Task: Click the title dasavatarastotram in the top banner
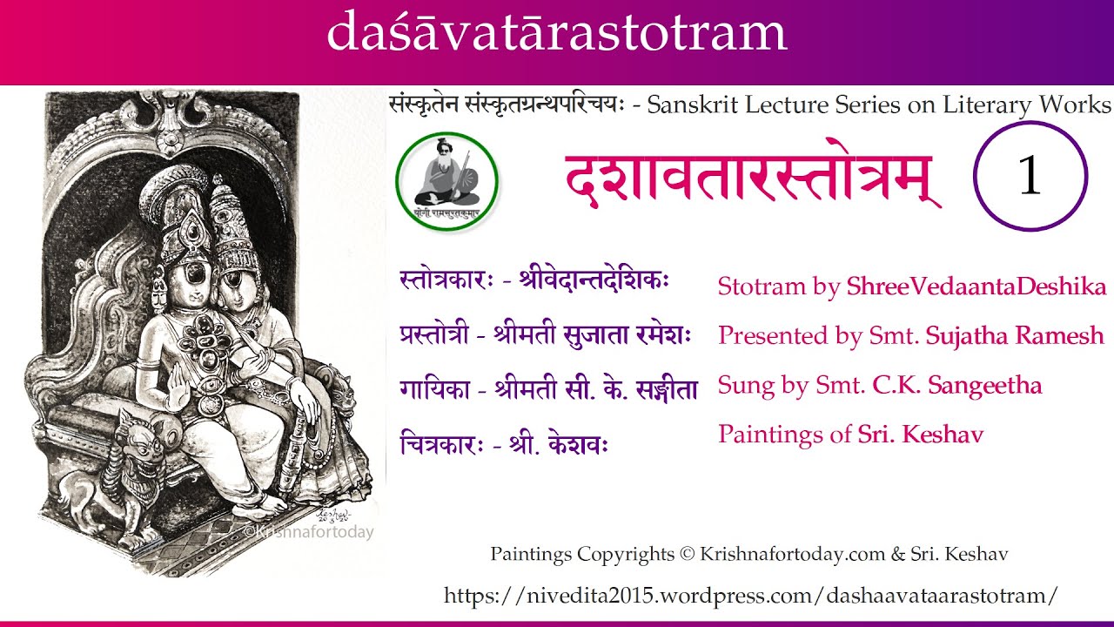click(557, 33)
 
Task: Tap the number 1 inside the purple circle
click(1030, 176)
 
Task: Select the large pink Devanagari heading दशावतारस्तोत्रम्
click(754, 179)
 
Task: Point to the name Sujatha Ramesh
click(1015, 335)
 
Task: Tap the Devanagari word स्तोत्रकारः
click(447, 282)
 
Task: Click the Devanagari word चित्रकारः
click(440, 445)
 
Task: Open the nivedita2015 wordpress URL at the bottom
click(751, 596)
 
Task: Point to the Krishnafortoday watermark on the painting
click(308, 532)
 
